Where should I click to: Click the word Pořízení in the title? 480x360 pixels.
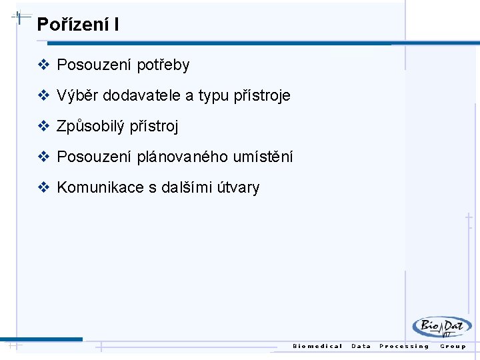click(72, 25)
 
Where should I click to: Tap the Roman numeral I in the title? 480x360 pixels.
click(117, 25)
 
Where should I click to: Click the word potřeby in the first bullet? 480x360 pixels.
click(163, 65)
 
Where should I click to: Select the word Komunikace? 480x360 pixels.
click(100, 187)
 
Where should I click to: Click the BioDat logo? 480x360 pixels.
click(441, 327)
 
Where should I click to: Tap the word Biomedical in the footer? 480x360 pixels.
click(317, 346)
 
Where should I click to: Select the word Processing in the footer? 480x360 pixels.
click(404, 346)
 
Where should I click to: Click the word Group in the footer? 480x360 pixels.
click(453, 346)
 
